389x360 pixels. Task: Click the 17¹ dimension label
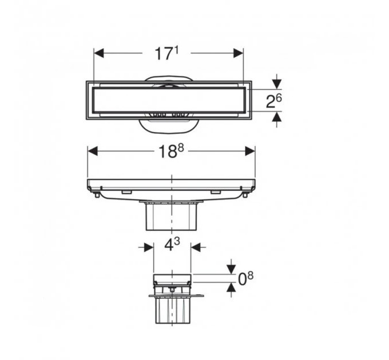pyautogui.click(x=166, y=54)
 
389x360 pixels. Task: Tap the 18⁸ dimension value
pyautogui.click(x=170, y=151)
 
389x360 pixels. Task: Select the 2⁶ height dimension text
pyautogui.click(x=273, y=101)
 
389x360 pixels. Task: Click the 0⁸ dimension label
pyautogui.click(x=245, y=278)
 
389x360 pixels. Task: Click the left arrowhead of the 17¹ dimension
pyautogui.click(x=99, y=53)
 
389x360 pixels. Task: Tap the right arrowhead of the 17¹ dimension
pyautogui.click(x=239, y=53)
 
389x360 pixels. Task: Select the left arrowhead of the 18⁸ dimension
pyautogui.click(x=93, y=151)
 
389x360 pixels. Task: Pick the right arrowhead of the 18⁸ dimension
pyautogui.click(x=250, y=151)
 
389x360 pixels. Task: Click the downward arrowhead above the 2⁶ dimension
pyautogui.click(x=277, y=84)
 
